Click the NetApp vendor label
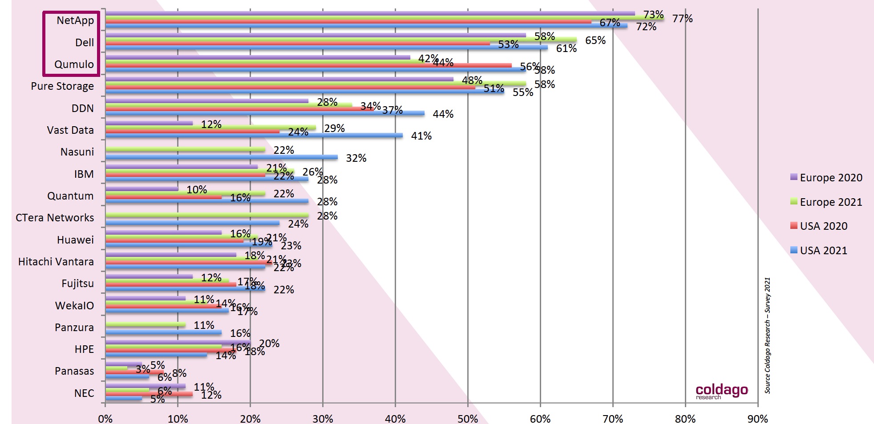[x=75, y=20]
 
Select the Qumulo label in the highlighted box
[x=74, y=64]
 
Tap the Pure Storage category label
[x=62, y=86]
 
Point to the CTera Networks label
[x=55, y=218]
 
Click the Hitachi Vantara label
[x=56, y=262]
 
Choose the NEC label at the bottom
[x=84, y=393]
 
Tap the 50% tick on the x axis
[x=468, y=419]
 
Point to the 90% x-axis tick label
[x=757, y=419]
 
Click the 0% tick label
[x=105, y=419]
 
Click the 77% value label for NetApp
[x=682, y=19]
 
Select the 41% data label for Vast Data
[x=421, y=136]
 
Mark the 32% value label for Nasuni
[x=356, y=158]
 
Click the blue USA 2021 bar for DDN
[x=265, y=113]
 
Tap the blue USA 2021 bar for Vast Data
[x=254, y=135]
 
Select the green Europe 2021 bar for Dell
[x=341, y=40]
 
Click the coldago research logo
[x=721, y=391]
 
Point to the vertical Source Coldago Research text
[x=768, y=336]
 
